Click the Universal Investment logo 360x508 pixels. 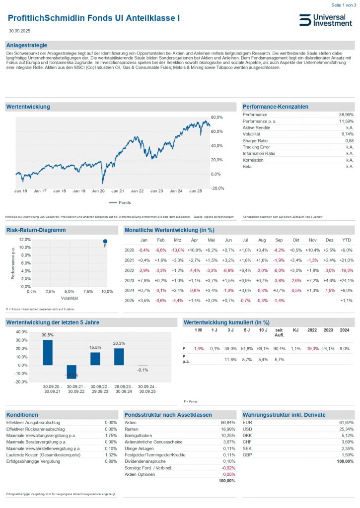[x=325, y=20]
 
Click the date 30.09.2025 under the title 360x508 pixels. [x=19, y=31]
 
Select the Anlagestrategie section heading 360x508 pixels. [x=26, y=46]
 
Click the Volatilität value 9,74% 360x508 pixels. [x=347, y=134]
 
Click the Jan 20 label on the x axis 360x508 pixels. [x=99, y=190]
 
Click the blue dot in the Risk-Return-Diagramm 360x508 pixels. [x=105, y=241]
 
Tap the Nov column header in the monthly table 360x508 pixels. [x=313, y=240]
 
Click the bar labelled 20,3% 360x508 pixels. [x=119, y=356]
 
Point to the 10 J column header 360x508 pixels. [x=262, y=330]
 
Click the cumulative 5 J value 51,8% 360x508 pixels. [x=245, y=348]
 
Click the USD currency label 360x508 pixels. [x=247, y=429]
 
